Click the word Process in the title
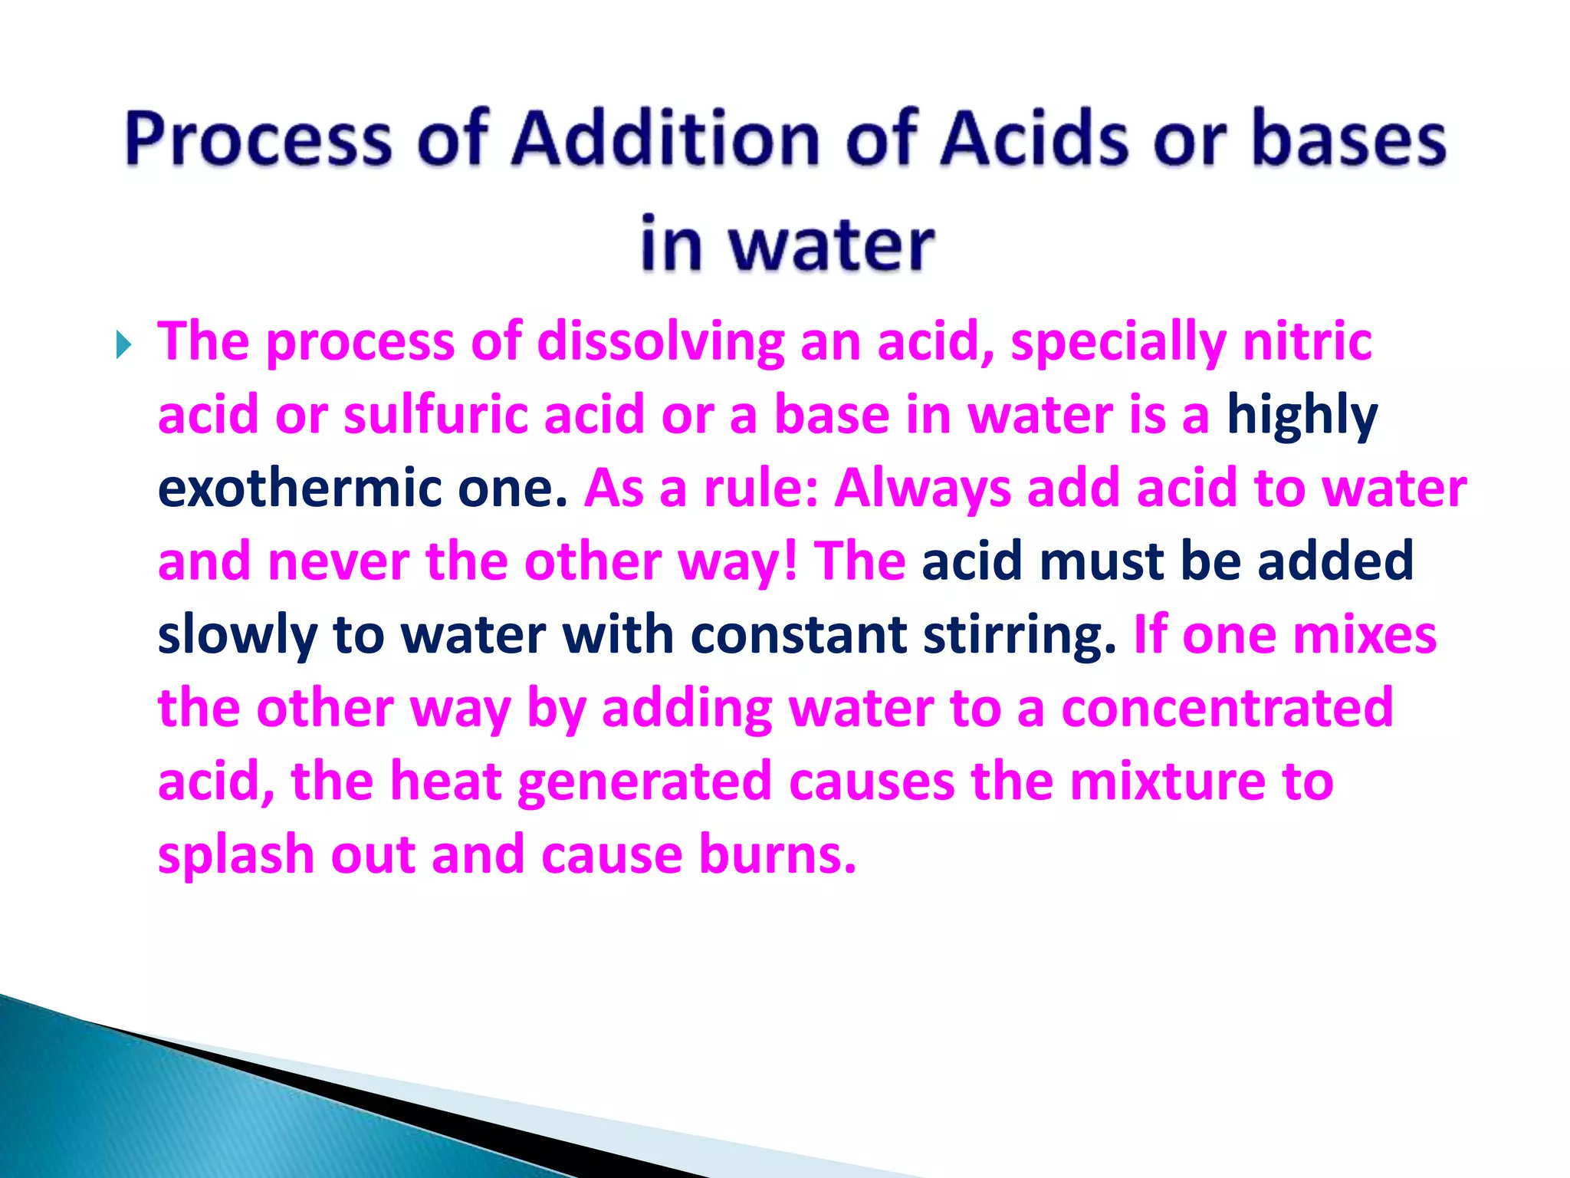[258, 140]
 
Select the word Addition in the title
[665, 140]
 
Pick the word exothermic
[299, 488]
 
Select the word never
[338, 561]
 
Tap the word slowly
[237, 636]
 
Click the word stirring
[1020, 636]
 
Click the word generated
[644, 782]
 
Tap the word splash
[235, 855]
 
